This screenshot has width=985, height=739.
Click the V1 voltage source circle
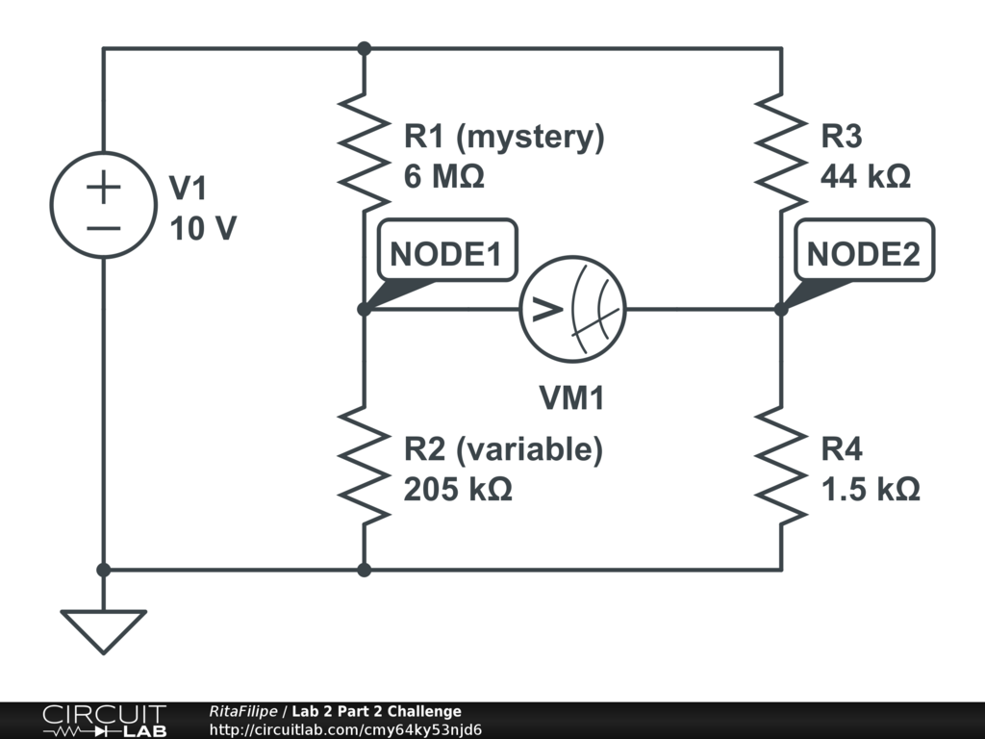103,204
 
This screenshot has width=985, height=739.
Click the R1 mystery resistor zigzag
364,152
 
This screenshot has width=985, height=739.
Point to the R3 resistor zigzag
781,152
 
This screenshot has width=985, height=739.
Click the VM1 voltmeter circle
573,309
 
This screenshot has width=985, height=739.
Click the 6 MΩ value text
443,177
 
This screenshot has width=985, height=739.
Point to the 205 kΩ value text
457,489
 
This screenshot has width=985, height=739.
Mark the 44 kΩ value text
865,177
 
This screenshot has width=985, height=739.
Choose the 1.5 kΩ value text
870,489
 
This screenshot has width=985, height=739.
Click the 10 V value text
202,229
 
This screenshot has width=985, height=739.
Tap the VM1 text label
573,397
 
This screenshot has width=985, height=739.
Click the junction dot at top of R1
364,48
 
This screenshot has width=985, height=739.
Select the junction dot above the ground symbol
103,570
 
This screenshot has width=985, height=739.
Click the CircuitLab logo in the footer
103,721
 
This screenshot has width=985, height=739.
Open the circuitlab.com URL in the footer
345,729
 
